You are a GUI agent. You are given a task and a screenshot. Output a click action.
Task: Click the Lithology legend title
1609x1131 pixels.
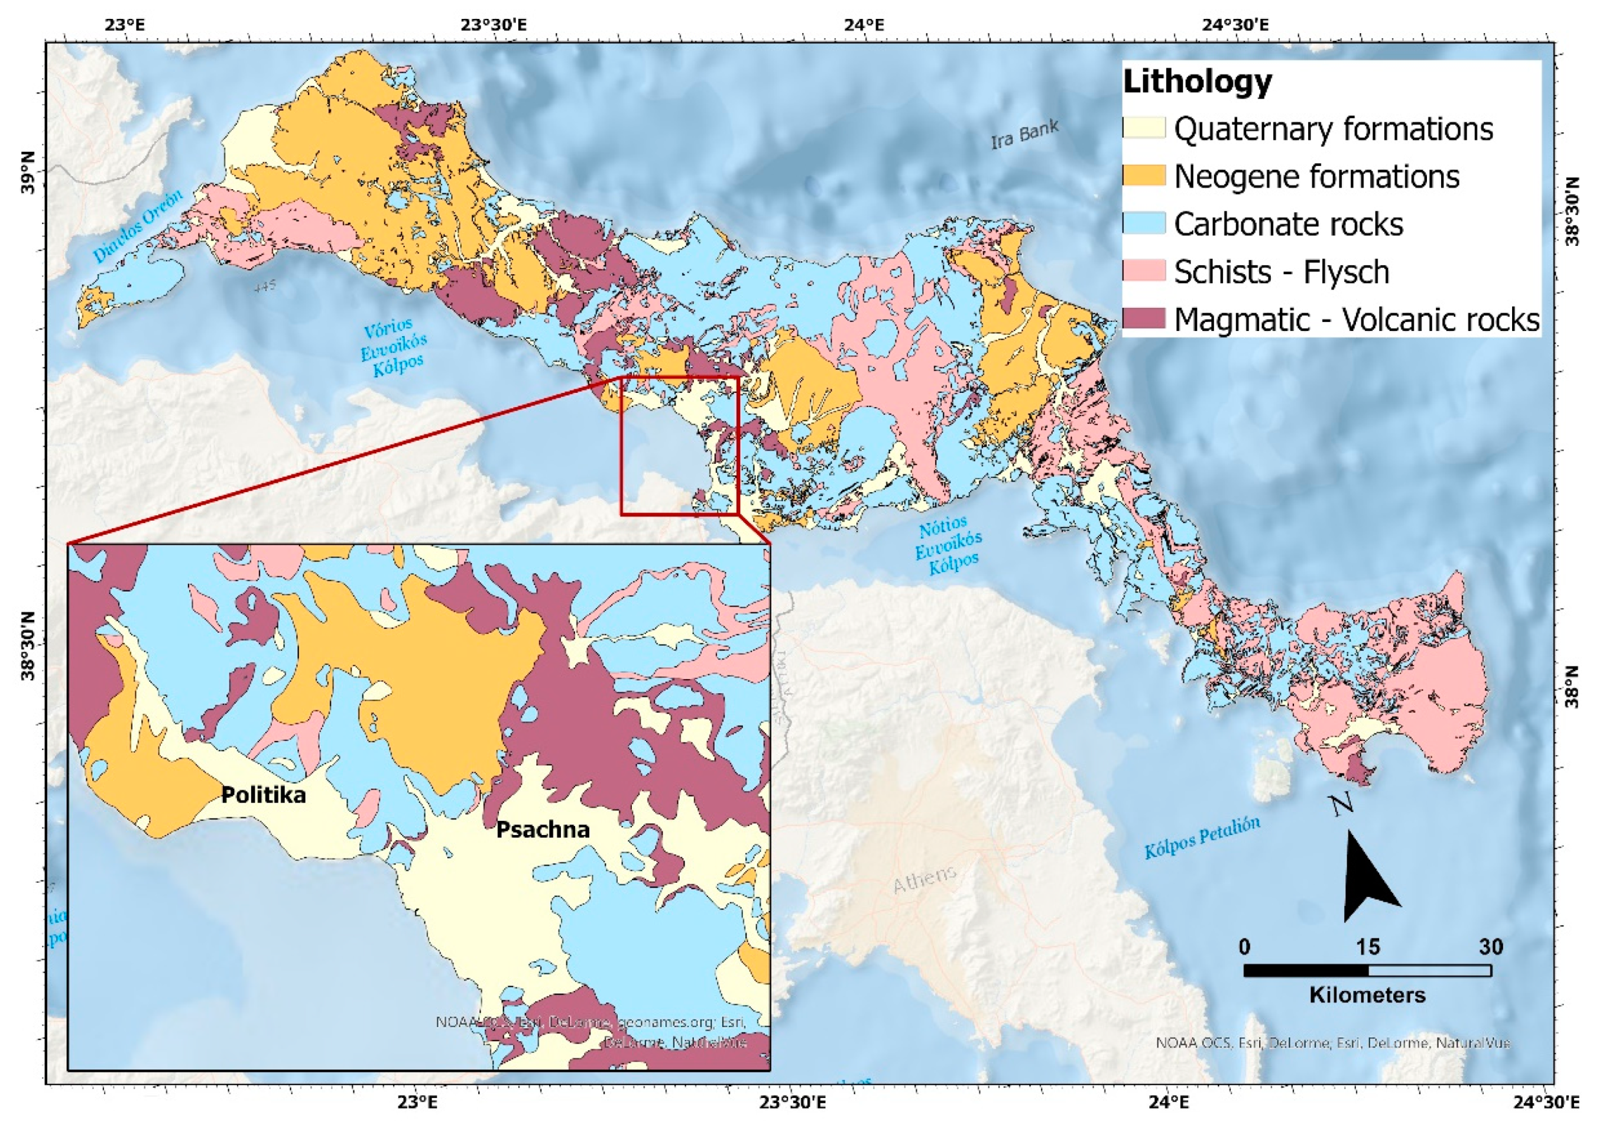point(1197,82)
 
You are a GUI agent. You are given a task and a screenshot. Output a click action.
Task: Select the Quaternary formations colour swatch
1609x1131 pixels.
point(1143,128)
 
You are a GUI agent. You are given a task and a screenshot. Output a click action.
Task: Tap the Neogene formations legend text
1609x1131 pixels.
point(1316,177)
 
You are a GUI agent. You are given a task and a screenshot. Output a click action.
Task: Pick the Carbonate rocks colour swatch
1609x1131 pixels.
point(1143,223)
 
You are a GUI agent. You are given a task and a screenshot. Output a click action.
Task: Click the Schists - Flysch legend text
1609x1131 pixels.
point(1281,272)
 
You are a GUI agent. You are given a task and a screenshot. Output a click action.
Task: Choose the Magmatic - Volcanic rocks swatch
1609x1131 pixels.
point(1143,319)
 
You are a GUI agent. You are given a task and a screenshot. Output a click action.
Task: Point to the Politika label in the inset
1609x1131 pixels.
point(264,795)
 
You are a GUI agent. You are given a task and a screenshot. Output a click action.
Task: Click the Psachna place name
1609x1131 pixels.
point(543,830)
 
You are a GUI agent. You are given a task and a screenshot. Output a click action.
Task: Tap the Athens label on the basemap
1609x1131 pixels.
point(924,879)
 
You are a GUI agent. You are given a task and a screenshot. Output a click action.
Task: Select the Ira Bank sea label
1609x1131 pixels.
point(1024,135)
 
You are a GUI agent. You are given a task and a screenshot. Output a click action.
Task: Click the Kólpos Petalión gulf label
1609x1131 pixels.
point(1202,838)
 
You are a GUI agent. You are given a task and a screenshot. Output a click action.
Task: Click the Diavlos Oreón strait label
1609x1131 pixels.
point(138,226)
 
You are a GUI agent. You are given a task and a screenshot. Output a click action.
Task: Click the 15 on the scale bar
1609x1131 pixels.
point(1367,947)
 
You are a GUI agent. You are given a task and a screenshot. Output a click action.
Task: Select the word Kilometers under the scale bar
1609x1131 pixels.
point(1367,995)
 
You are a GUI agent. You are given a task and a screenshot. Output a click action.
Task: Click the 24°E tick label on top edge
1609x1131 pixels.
point(864,25)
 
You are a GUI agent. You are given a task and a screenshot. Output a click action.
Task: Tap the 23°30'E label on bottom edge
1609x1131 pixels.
point(793,1101)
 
